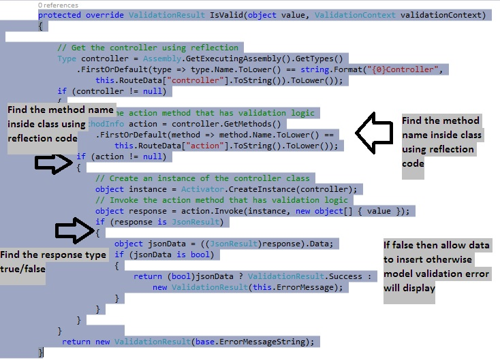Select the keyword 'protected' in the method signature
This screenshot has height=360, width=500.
pos(59,15)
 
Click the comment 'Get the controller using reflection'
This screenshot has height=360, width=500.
pos(148,48)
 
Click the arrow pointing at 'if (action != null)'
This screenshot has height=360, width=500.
pos(52,162)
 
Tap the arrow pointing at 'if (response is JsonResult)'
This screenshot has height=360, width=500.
pos(73,231)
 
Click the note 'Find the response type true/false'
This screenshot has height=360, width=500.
pos(53,261)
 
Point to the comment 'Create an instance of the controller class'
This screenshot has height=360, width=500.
pos(202,178)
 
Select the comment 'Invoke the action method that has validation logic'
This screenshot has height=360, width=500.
pos(221,200)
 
